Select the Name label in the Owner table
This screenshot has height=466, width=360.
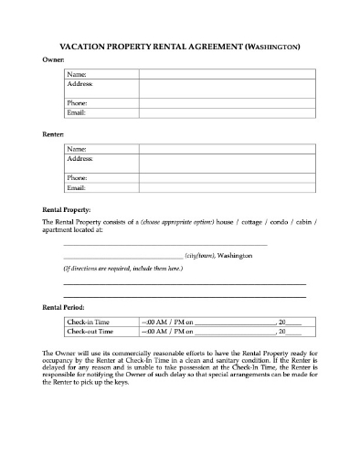coord(77,74)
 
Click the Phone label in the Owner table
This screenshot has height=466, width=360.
coord(78,103)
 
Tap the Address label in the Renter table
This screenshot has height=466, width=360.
coord(80,158)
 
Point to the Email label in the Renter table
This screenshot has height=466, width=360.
coord(77,187)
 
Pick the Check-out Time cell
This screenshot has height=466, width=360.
coord(91,333)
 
